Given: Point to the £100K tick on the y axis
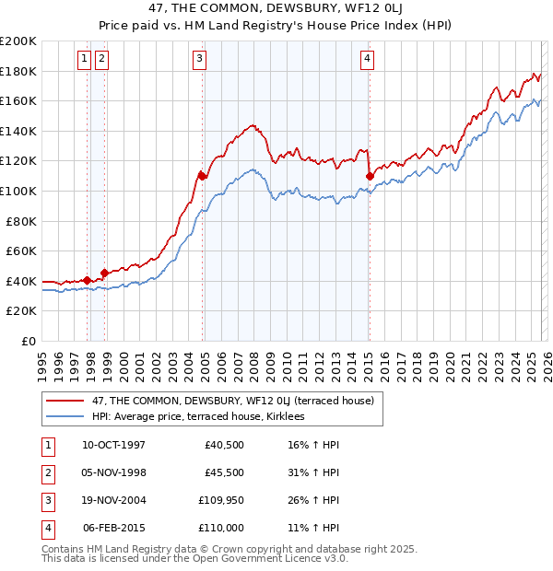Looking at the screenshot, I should [x=18, y=191].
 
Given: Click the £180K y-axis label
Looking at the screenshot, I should [x=18, y=71].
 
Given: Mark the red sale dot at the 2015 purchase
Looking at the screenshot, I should [x=369, y=175].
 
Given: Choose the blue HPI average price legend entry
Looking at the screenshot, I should [x=198, y=416].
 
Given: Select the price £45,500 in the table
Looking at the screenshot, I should [x=224, y=472].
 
